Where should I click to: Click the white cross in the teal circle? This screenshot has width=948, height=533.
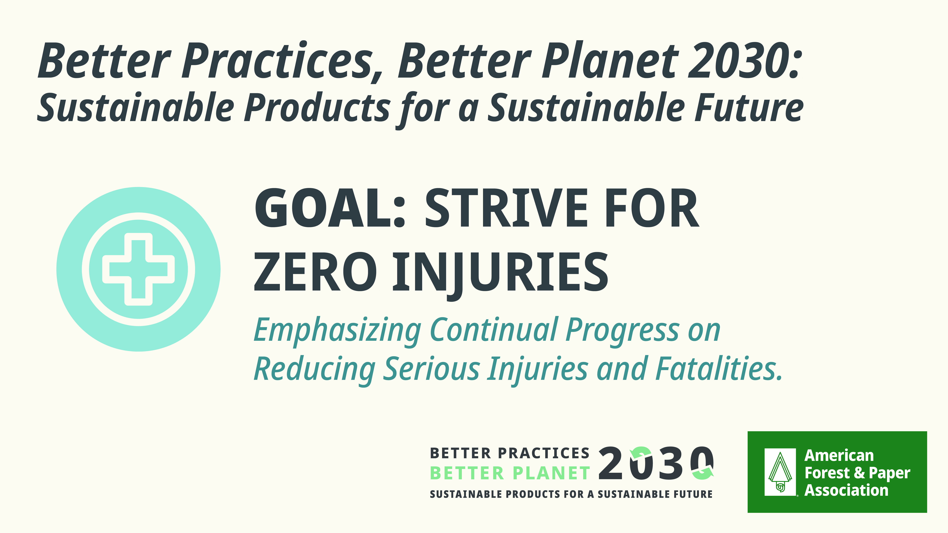coord(138,269)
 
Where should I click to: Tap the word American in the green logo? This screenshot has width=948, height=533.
coord(839,455)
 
